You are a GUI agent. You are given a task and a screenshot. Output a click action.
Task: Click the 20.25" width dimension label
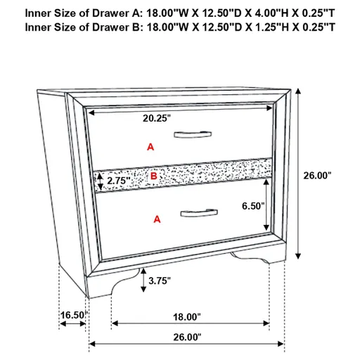[157, 119]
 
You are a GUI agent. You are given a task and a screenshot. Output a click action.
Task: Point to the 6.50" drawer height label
[251, 206]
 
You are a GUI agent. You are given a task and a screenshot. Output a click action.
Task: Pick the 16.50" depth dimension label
[72, 316]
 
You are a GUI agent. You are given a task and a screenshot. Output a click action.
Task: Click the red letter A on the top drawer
[149, 147]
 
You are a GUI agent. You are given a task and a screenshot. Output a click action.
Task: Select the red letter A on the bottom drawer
[157, 219]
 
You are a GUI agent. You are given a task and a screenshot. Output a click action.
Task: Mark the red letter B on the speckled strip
[153, 176]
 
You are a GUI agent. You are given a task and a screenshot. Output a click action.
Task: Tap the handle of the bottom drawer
[198, 211]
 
